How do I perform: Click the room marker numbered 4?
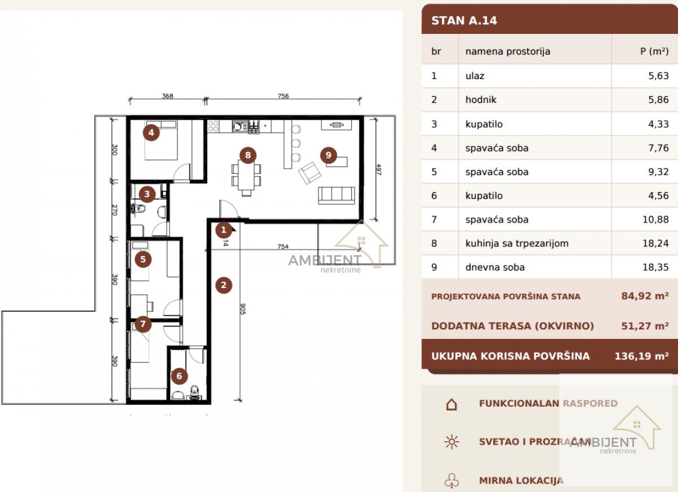point(151,132)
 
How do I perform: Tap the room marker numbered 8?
point(248,155)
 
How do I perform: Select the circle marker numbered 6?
point(179,376)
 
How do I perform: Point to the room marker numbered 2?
point(224,285)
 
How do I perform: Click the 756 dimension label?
point(283,96)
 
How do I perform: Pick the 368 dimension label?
point(168,96)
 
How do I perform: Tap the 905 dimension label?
point(243,309)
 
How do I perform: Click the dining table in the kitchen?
point(246,175)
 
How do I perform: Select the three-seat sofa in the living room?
point(336,195)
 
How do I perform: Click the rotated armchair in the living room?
point(310,173)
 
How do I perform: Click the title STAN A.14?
point(464,20)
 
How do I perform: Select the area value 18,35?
point(655,267)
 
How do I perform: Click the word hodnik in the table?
point(481,99)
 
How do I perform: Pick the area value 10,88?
point(655,219)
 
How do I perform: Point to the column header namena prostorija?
point(507,52)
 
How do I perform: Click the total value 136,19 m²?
point(641,356)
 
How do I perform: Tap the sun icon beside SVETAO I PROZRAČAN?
point(451,442)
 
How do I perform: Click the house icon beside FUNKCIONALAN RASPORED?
point(451,404)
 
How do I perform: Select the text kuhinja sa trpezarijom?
point(517,243)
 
